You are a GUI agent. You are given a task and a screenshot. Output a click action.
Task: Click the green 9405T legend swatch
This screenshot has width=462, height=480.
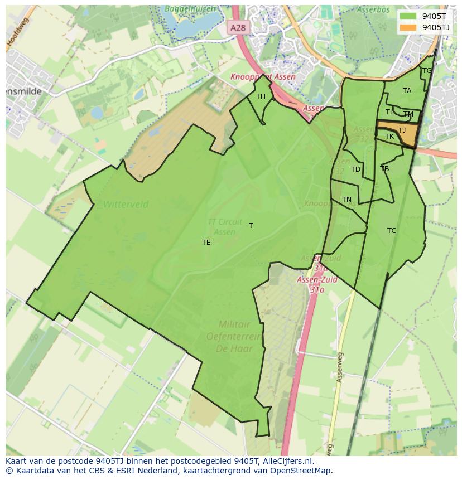coord(408,16)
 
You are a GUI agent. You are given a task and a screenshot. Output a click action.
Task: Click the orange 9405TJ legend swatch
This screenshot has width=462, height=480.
coord(408,27)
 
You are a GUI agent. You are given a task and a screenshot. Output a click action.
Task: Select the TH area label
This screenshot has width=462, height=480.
coord(261,96)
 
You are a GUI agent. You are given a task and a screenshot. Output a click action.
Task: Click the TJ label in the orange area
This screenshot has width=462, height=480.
coord(402,130)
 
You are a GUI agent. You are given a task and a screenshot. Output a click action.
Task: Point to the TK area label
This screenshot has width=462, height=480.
coord(389,137)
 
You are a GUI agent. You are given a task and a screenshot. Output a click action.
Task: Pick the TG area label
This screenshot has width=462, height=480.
coord(427,71)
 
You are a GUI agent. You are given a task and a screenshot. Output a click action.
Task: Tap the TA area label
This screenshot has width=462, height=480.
coord(407,91)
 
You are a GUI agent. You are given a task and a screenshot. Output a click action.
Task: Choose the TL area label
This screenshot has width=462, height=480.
coord(389,112)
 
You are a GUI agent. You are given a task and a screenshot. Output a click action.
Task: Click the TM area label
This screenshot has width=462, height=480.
coord(408,114)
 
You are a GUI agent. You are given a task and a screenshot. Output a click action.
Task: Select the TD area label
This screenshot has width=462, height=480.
coord(355,169)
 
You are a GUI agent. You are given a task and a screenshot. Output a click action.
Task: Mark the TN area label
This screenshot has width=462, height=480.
coord(346,200)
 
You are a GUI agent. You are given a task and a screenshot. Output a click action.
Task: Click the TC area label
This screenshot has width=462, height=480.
coord(392,231)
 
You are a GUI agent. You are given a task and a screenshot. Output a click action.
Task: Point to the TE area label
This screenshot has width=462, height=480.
coord(206,243)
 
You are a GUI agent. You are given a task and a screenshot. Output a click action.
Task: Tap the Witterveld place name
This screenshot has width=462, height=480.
coord(126,205)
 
